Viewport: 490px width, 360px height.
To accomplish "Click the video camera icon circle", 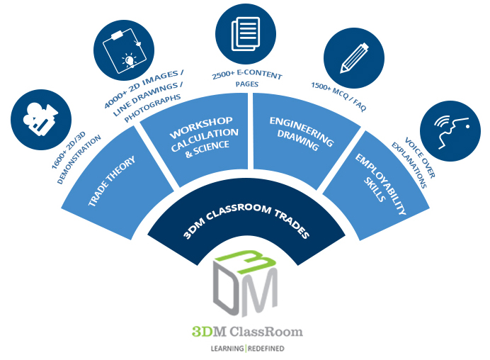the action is [x=41, y=120].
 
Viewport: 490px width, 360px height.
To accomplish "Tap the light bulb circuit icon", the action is [x=124, y=50].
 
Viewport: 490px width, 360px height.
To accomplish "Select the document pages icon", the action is [x=246, y=33].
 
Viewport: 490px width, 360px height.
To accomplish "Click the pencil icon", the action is [x=354, y=58].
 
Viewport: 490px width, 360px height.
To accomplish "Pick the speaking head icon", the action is [x=450, y=131].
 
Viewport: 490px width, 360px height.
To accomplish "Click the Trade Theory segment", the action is [x=116, y=184].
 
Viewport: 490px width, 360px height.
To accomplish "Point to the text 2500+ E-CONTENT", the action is [x=247, y=74].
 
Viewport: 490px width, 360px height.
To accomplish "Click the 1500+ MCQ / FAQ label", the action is [x=338, y=96].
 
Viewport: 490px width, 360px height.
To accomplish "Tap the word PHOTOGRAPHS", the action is [x=152, y=107].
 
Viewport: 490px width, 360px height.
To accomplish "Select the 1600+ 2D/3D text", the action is [x=68, y=150].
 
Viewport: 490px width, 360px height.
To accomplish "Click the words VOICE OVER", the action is [x=420, y=157].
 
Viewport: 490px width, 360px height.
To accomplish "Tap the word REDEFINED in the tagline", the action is [x=266, y=349].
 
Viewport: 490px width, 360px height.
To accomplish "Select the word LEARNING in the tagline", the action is [x=227, y=349].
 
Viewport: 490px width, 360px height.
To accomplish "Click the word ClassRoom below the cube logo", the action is [x=266, y=331].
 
